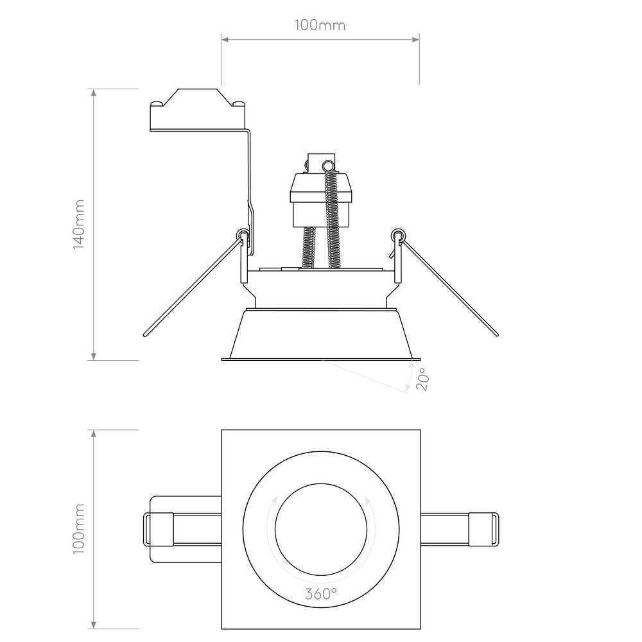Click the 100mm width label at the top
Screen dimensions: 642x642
(x=320, y=26)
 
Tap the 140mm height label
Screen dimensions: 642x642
(x=78, y=224)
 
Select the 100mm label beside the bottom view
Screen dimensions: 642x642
(x=78, y=529)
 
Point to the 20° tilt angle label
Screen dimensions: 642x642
(x=423, y=379)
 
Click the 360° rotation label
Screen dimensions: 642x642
(x=321, y=593)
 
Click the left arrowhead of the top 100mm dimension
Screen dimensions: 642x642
(x=225, y=39)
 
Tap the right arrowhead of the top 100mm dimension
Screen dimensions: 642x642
(x=415, y=39)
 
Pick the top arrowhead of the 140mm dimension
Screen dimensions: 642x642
(x=94, y=92)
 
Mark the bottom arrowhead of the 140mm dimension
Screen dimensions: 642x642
(x=94, y=356)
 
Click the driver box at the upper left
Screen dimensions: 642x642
(x=198, y=110)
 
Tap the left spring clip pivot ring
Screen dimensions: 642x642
(x=243, y=235)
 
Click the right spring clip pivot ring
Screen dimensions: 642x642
(x=398, y=235)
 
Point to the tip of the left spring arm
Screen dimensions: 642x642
(x=145, y=334)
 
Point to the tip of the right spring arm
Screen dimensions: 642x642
(x=497, y=334)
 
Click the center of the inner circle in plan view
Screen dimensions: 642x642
(x=321, y=530)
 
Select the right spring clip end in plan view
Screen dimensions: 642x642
(x=483, y=530)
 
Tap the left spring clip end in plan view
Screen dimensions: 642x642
(x=159, y=530)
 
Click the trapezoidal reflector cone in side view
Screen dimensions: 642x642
(x=321, y=334)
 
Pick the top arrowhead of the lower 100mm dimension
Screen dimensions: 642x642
(x=94, y=433)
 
